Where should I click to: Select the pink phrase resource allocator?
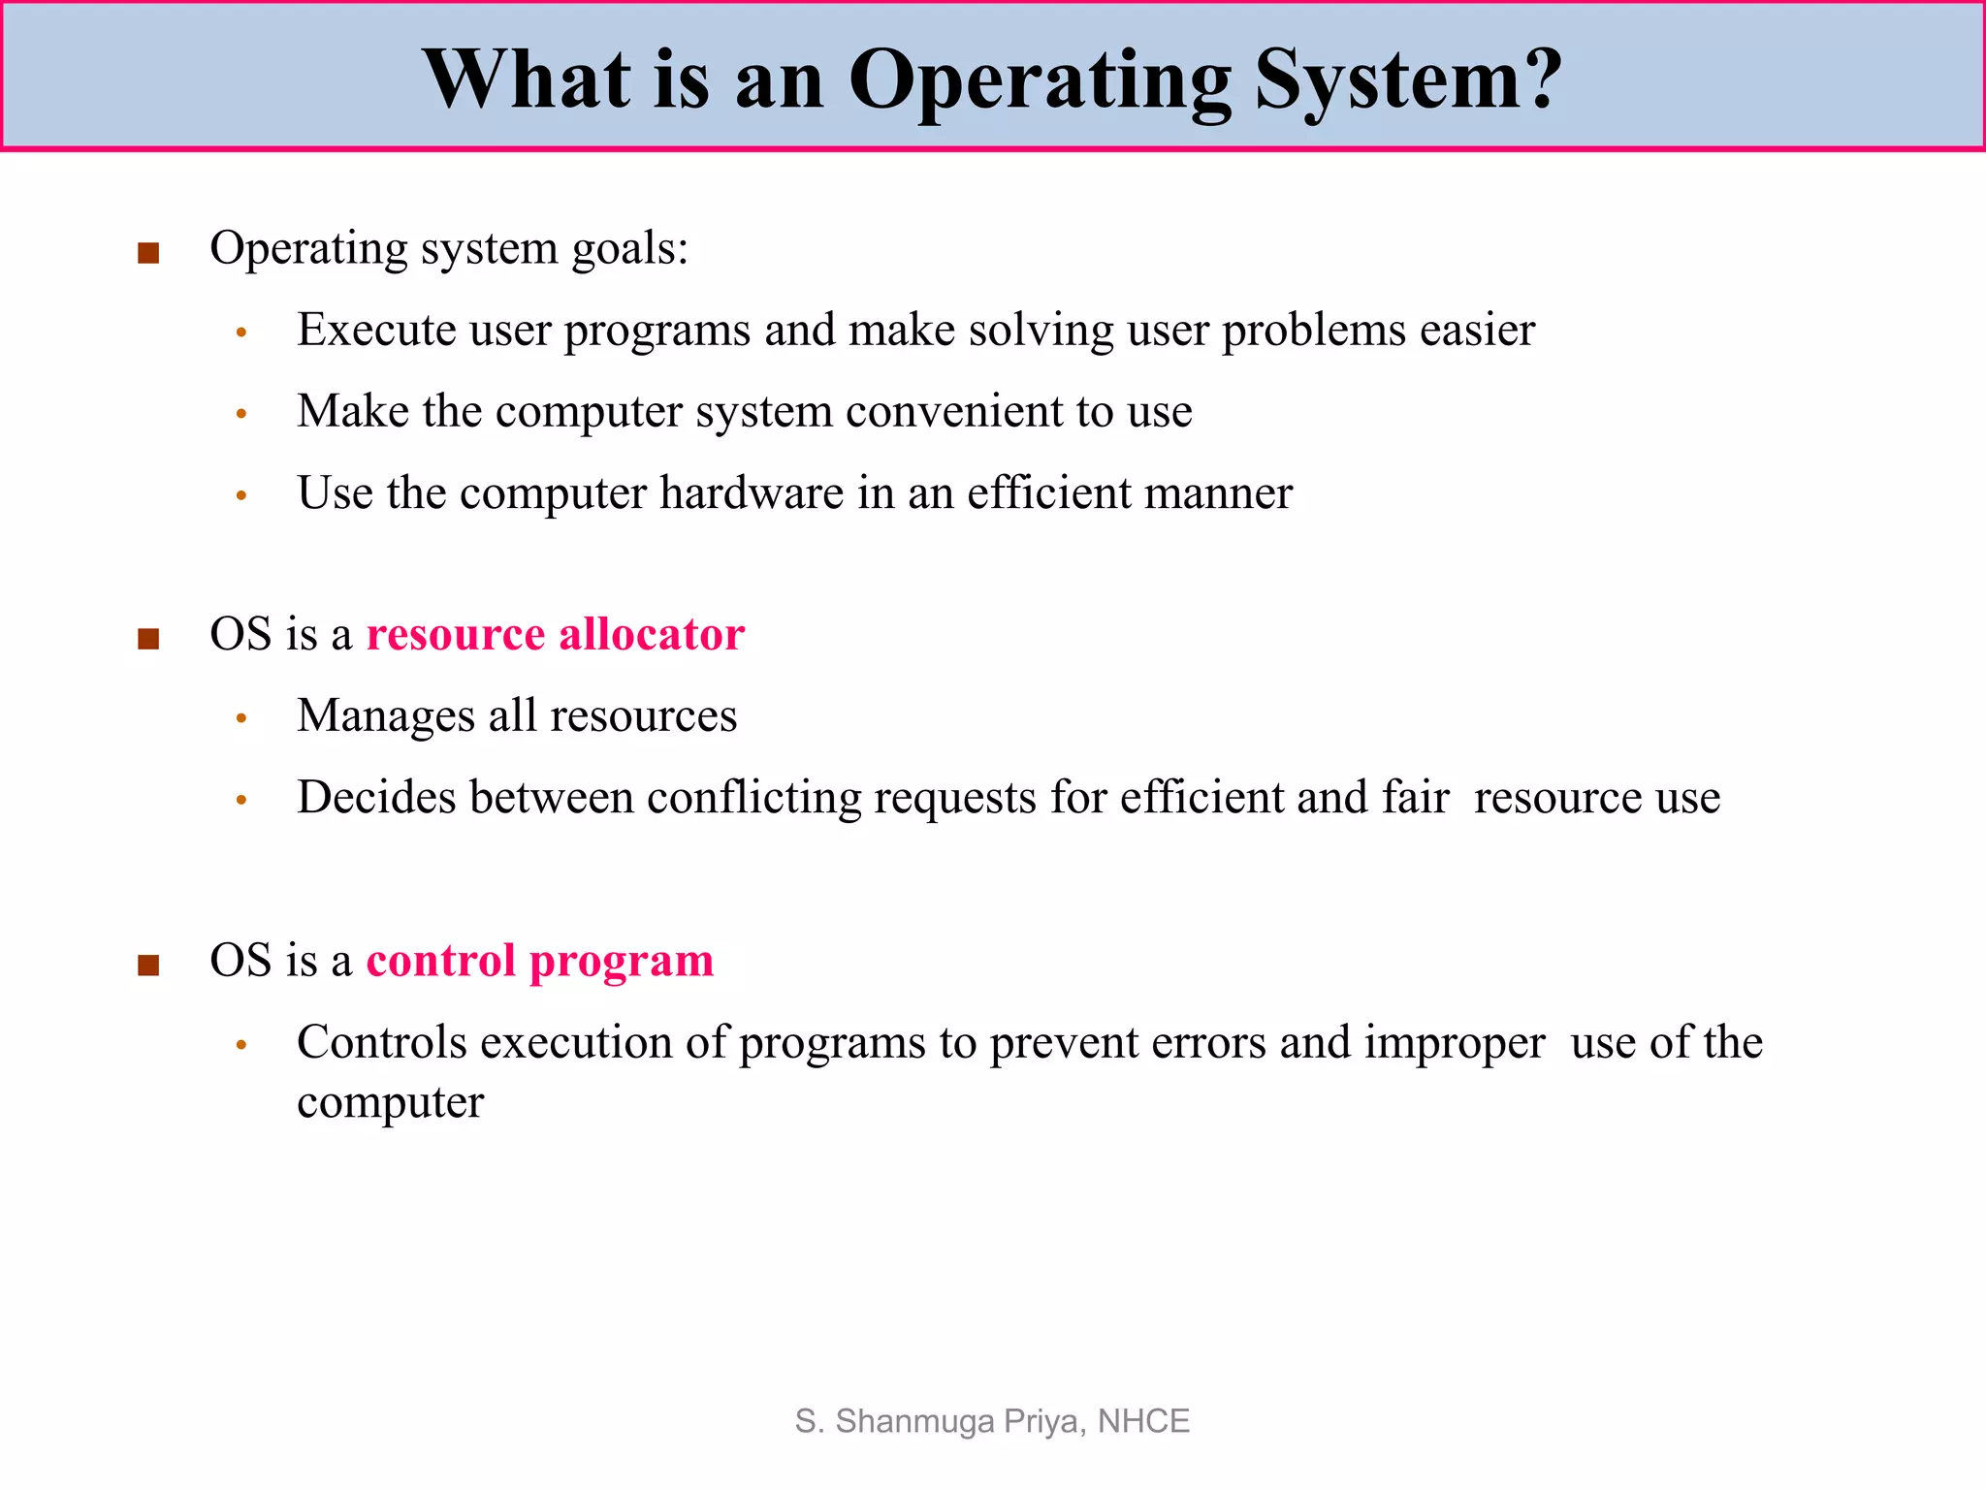[x=555, y=635]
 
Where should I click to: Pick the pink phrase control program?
[x=539, y=962]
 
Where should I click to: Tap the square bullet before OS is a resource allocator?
[x=148, y=639]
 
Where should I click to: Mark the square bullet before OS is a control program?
[x=148, y=966]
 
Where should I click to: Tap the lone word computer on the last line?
[x=390, y=1103]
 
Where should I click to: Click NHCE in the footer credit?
[x=1143, y=1421]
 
